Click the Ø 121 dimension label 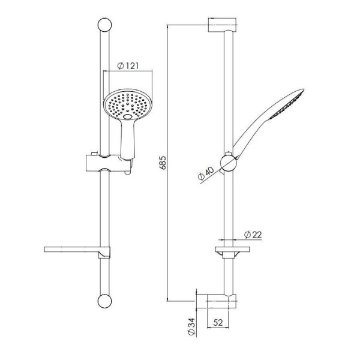[128, 66]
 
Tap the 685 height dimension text [163, 163]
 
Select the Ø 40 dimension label [206, 173]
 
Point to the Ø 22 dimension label [253, 235]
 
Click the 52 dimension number [218, 323]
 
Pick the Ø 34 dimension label [191, 326]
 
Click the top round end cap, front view [104, 25]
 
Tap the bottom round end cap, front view [104, 301]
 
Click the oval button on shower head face [128, 116]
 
